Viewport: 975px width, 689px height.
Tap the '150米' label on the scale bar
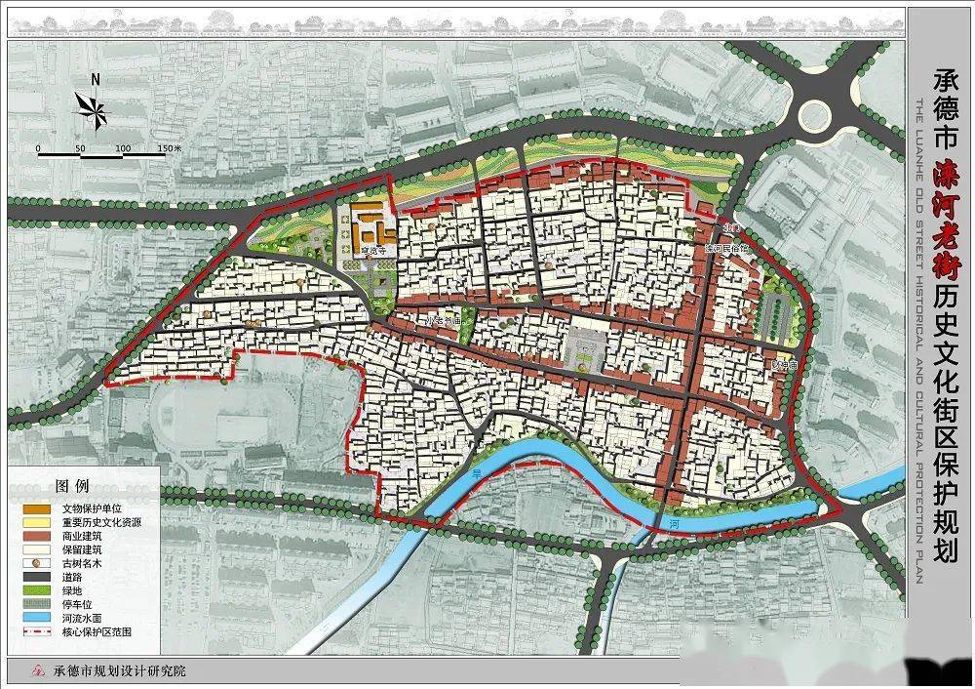pos(169,148)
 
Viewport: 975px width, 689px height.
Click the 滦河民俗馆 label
pos(727,249)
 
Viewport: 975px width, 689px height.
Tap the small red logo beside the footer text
pos(38,671)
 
